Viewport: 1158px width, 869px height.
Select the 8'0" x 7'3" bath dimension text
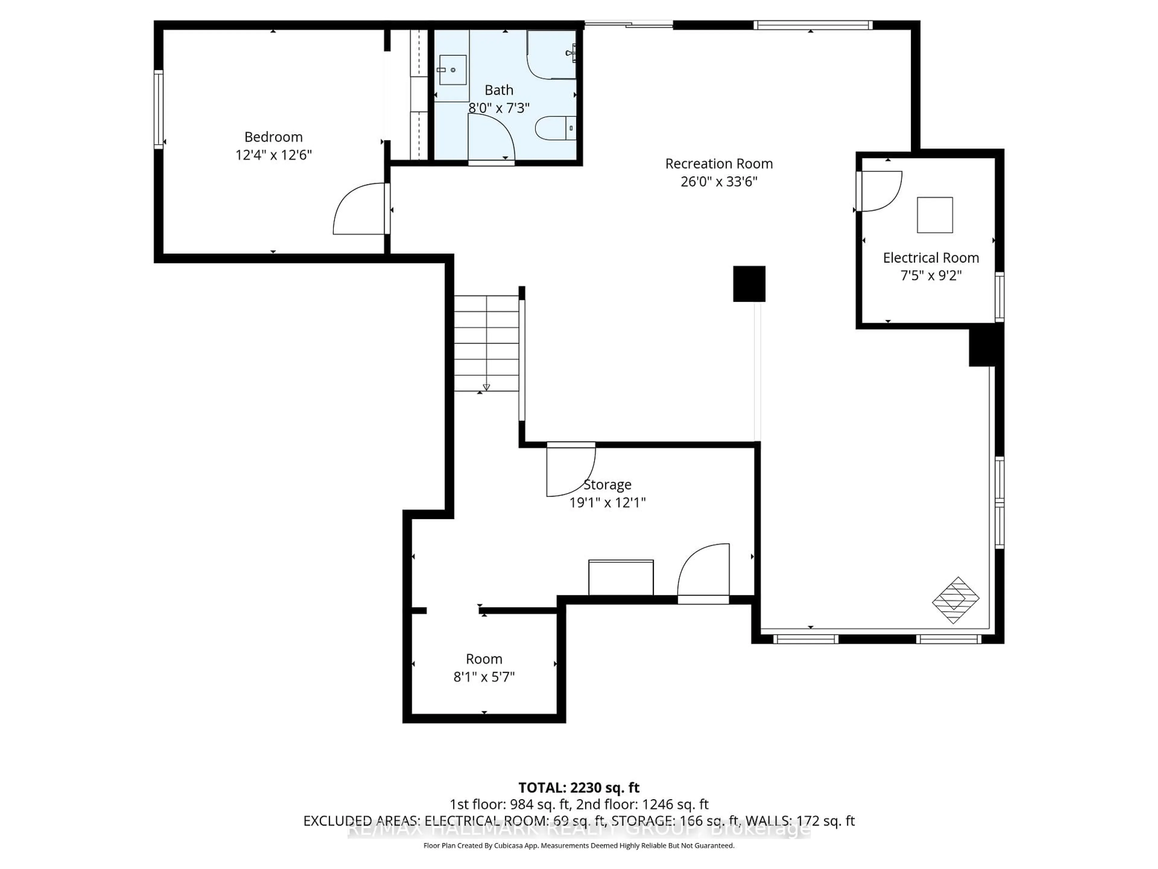[x=498, y=108]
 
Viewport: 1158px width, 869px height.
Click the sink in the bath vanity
[x=452, y=70]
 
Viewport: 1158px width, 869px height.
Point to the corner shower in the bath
[x=551, y=55]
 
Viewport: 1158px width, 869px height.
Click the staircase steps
[x=486, y=343]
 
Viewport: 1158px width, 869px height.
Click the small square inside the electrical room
[x=935, y=215]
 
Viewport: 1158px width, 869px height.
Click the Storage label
[x=607, y=485]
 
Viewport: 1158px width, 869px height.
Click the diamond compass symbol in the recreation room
[x=955, y=600]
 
